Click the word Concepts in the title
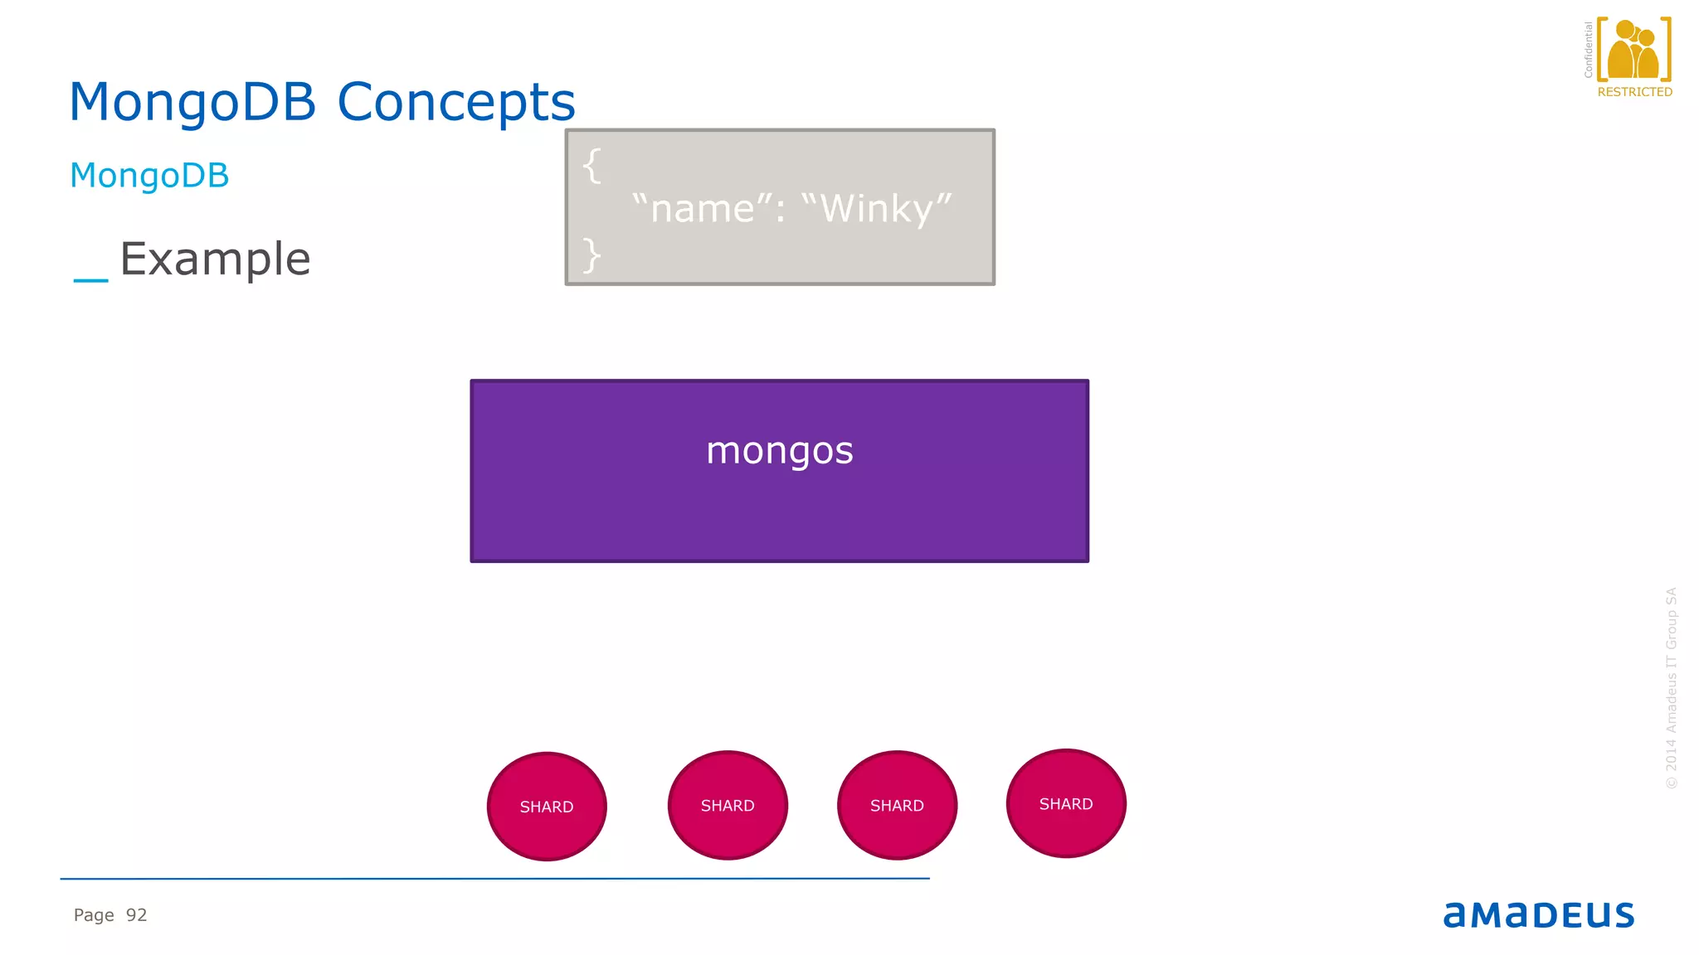tap(455, 102)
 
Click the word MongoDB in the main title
tap(192, 102)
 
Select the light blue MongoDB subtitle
tap(149, 176)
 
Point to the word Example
tap(215, 259)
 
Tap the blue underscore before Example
tap(90, 280)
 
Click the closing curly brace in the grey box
tap(591, 255)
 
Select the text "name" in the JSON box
tap(702, 208)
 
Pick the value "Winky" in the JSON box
tap(877, 208)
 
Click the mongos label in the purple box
tap(779, 451)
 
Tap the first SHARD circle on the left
tap(547, 807)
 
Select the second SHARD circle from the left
tap(728, 805)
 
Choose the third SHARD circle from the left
tap(897, 805)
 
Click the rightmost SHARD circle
tap(1066, 803)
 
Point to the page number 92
tap(137, 915)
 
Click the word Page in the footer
tap(94, 915)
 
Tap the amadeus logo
tap(1538, 914)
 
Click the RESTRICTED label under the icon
tap(1634, 92)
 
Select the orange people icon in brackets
tap(1633, 50)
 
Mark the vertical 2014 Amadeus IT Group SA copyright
tap(1672, 688)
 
